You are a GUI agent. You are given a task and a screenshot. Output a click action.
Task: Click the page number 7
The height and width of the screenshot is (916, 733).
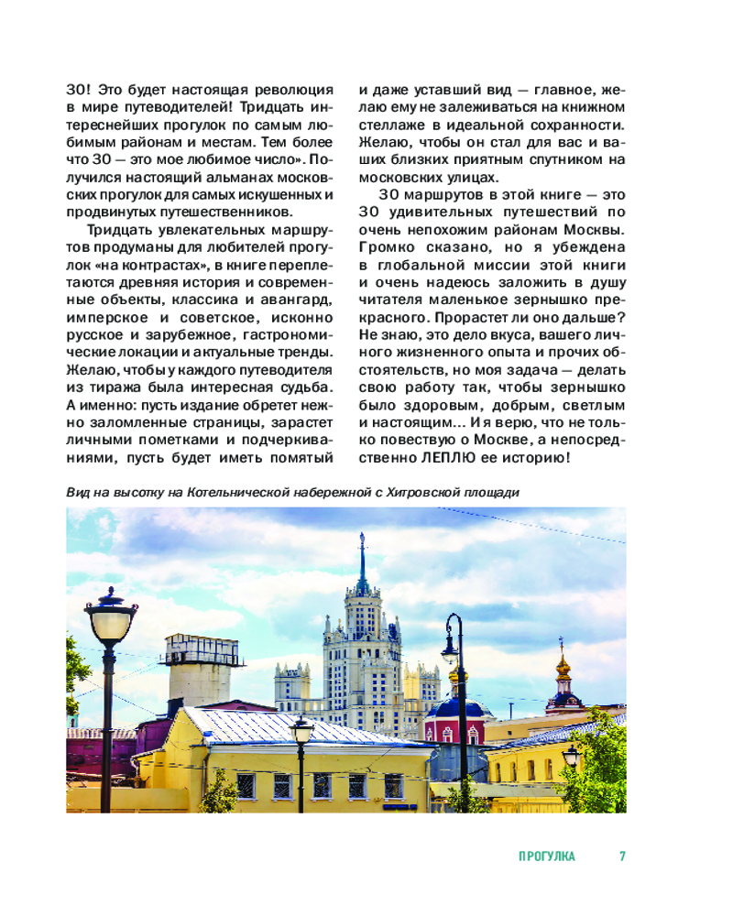[622, 856]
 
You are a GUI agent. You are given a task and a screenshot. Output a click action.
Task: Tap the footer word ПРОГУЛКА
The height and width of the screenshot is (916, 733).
[547, 856]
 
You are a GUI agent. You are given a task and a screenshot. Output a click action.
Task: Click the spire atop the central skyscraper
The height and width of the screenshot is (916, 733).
[362, 550]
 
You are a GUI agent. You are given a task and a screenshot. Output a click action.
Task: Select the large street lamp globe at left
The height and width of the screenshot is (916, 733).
[111, 621]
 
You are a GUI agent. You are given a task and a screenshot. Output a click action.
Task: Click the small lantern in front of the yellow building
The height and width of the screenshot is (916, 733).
[301, 730]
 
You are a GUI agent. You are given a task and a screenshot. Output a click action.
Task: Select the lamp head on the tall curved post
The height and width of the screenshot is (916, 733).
[449, 651]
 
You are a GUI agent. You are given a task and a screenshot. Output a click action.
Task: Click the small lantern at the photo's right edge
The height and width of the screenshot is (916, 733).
[571, 754]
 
